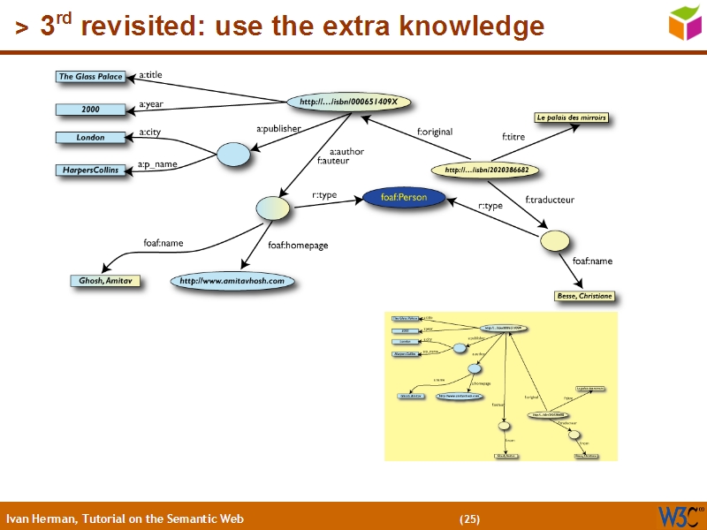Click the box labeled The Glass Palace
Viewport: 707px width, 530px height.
[90, 77]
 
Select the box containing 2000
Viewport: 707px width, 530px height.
[90, 110]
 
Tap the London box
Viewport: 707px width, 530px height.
[90, 138]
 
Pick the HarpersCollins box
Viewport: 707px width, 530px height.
[90, 170]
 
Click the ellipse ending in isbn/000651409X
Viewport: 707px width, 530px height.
[349, 102]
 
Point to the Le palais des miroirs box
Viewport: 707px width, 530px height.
[572, 117]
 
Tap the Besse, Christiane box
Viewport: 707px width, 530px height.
[584, 296]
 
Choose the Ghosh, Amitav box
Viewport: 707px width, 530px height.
[105, 281]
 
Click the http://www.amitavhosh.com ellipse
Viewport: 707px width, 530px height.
[232, 281]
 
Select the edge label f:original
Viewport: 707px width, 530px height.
[435, 132]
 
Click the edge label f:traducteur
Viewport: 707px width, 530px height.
[550, 200]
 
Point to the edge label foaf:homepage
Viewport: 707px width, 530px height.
[298, 245]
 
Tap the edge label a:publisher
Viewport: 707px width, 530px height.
[278, 129]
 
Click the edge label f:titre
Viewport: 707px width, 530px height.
[513, 137]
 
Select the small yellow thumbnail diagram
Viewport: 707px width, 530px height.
[501, 386]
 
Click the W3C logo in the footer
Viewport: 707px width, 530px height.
[680, 516]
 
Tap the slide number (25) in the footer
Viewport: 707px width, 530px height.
[469, 519]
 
